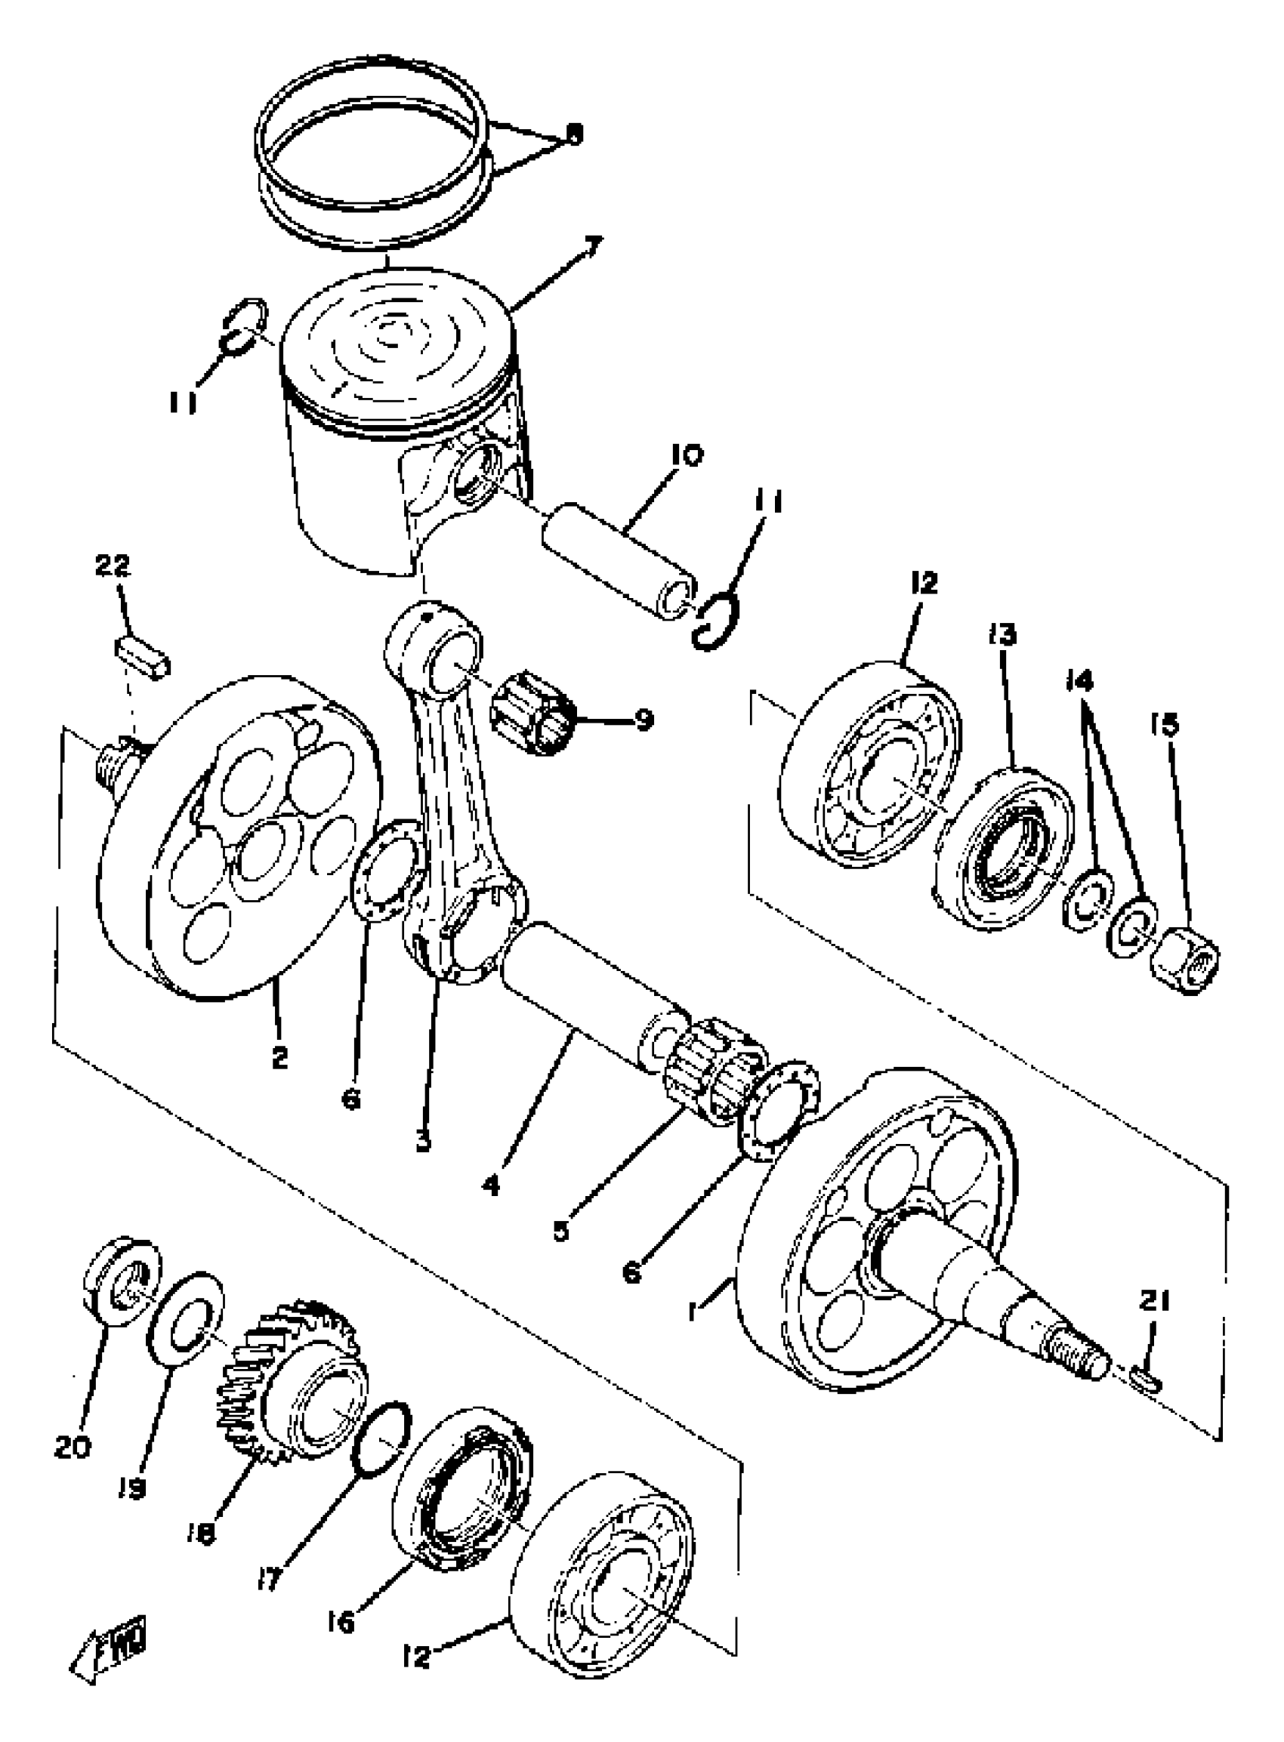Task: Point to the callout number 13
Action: (1002, 636)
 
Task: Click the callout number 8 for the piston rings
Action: (573, 134)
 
